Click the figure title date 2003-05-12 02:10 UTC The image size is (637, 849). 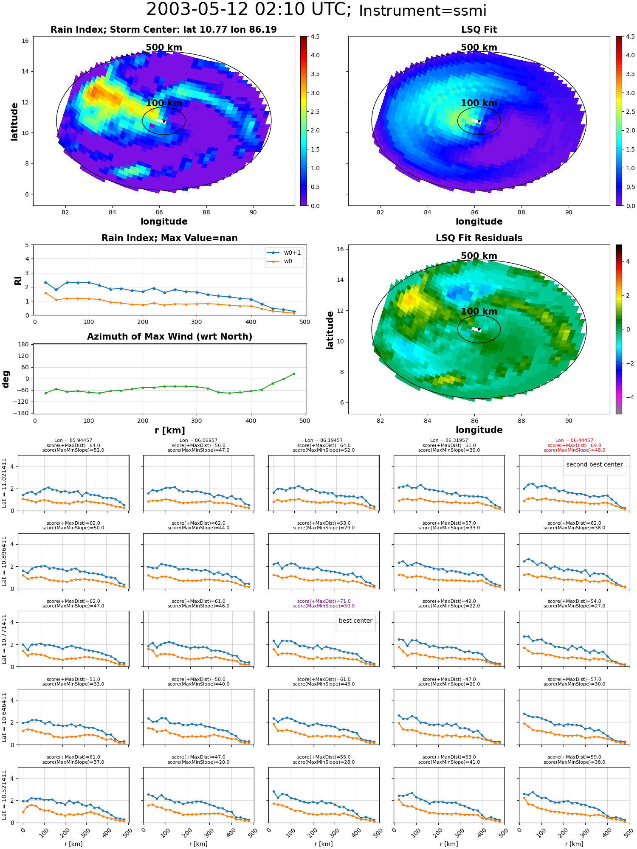[249, 10]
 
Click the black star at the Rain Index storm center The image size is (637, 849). [164, 121]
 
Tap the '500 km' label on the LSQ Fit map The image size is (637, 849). [479, 48]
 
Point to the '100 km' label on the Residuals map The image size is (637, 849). [479, 311]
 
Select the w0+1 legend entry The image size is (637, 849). [284, 253]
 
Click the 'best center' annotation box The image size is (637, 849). [355, 621]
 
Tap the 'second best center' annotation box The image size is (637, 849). [595, 464]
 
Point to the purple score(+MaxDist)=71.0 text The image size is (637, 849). [324, 601]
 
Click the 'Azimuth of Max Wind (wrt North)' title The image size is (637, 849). [169, 337]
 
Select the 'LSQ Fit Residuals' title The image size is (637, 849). [479, 238]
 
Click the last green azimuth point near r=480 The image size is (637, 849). [294, 374]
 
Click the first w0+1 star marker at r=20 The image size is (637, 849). [45, 282]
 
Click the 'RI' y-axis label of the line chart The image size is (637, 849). [18, 280]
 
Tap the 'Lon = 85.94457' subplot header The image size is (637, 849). [73, 441]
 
